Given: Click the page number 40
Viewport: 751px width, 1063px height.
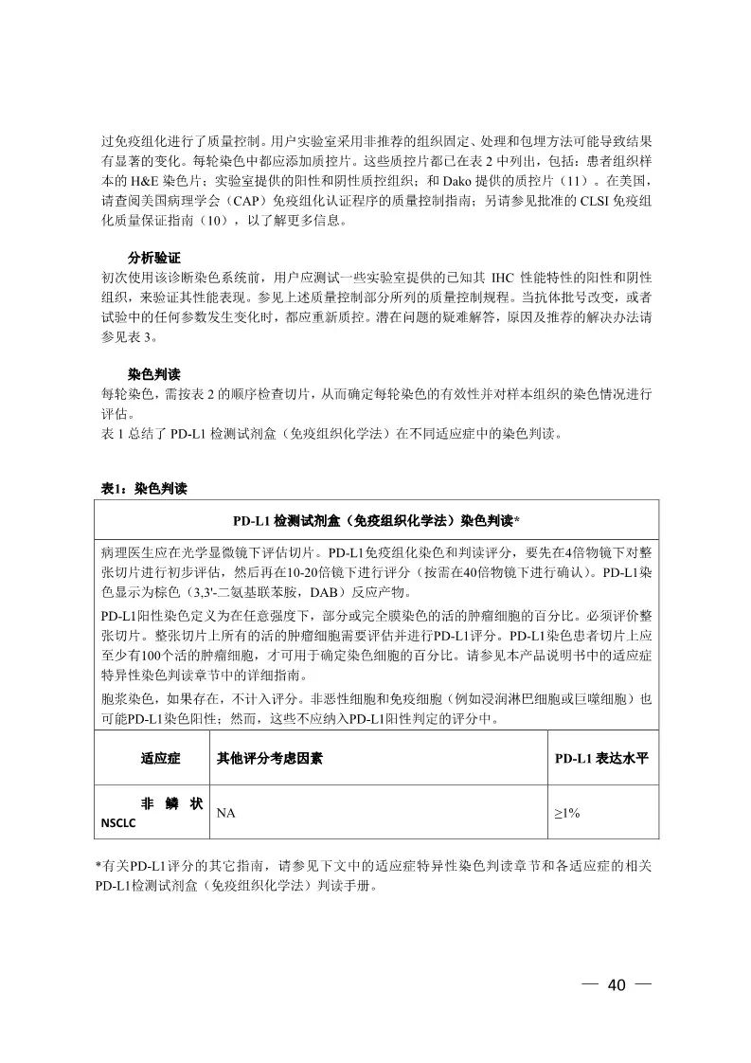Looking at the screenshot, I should click(x=617, y=985).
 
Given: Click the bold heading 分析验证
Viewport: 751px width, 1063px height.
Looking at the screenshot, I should click(x=154, y=258).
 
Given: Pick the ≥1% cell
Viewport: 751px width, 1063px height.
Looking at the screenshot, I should click(x=566, y=812).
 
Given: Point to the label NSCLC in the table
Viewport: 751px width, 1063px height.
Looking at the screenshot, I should click(x=118, y=822).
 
